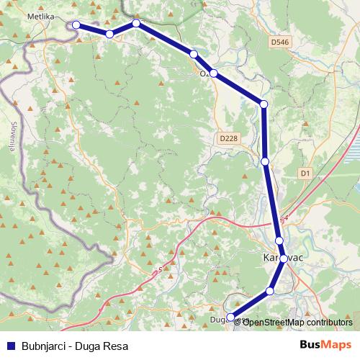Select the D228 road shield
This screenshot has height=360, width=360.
[228, 138]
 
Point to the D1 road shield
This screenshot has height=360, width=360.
[305, 174]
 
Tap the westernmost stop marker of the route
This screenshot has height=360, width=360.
[76, 24]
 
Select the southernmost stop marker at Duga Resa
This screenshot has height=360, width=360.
[230, 316]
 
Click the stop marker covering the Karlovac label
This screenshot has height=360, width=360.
[283, 258]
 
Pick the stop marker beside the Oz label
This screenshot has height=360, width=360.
[214, 73]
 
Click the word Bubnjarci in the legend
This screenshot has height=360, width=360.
[42, 345]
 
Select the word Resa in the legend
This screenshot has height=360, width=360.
[114, 345]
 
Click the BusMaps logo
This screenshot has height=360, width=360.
[325, 344]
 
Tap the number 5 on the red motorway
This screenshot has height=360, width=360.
[159, 271]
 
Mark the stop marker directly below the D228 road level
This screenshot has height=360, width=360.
[265, 161]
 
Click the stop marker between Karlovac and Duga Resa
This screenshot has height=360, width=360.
[270, 291]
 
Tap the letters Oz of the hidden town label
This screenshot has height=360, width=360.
[204, 73]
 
